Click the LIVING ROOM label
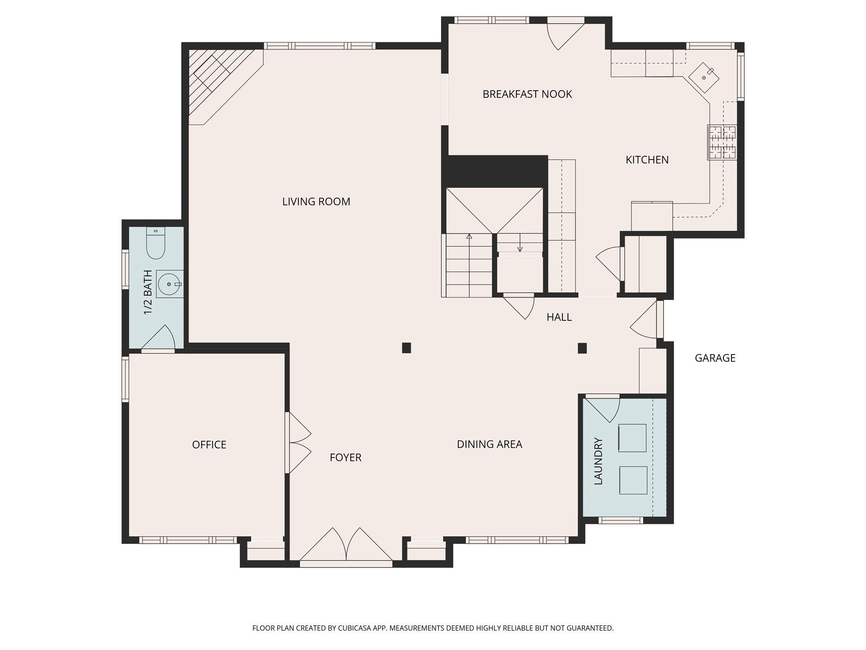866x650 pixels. (x=316, y=202)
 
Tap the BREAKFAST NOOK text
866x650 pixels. (x=527, y=94)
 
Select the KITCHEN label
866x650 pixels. (x=647, y=160)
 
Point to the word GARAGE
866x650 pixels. (x=715, y=358)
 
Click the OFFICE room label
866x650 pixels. (x=209, y=445)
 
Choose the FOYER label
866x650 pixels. (x=345, y=457)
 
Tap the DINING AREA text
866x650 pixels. (x=489, y=444)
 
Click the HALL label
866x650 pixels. (x=559, y=317)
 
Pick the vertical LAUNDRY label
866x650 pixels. (x=598, y=461)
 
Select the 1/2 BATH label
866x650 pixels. (x=148, y=292)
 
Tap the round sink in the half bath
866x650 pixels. (x=169, y=284)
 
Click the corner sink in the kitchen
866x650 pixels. (x=704, y=78)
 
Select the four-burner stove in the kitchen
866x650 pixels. (x=722, y=142)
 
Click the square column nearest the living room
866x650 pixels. (x=406, y=348)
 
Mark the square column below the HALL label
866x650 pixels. (x=582, y=348)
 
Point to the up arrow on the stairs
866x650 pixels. (x=469, y=237)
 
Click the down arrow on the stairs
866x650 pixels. (x=520, y=248)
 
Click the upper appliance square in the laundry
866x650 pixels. (x=633, y=438)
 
